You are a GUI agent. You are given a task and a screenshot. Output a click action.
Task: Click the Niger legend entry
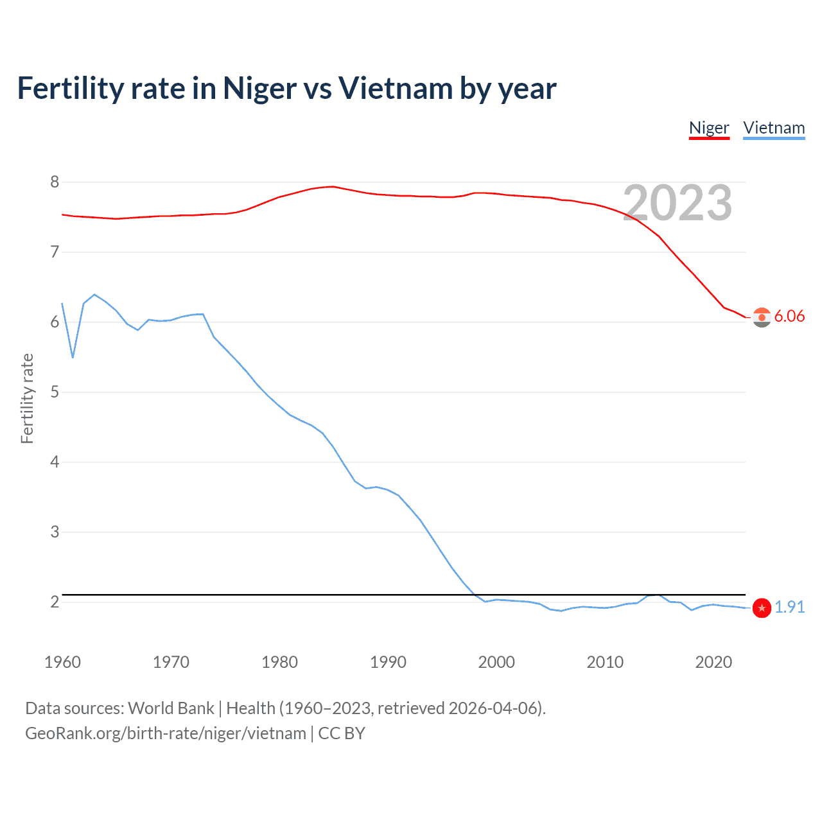[709, 128]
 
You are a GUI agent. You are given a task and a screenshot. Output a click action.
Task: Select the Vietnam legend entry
[774, 128]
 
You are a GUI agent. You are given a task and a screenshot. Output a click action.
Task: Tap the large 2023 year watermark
[678, 203]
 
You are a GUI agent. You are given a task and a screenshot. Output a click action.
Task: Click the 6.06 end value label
[789, 316]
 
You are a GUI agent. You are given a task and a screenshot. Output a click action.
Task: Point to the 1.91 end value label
[789, 607]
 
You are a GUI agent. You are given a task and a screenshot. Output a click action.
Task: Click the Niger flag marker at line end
[762, 317]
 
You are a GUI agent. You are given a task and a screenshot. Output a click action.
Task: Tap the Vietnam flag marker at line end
[762, 608]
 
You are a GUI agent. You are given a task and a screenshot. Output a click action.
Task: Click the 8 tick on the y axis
[55, 182]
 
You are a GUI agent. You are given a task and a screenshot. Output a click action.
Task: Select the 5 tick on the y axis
[55, 392]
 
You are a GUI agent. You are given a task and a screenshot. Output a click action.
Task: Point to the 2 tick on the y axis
[55, 602]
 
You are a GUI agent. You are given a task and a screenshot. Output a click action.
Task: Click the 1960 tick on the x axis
[62, 662]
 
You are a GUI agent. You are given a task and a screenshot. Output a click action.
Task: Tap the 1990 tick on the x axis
[388, 662]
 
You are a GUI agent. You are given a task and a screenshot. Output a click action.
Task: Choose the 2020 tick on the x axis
[713, 662]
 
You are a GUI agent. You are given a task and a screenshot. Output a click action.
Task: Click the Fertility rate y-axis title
[27, 398]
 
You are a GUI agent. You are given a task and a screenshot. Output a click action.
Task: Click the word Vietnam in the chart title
[396, 88]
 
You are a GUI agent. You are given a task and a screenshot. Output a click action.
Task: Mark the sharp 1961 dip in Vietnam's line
[73, 357]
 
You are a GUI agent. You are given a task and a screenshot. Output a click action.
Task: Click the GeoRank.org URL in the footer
[166, 733]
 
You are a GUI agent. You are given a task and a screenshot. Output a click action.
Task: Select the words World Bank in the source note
[171, 708]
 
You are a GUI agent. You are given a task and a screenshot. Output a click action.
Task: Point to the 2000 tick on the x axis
[496, 662]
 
